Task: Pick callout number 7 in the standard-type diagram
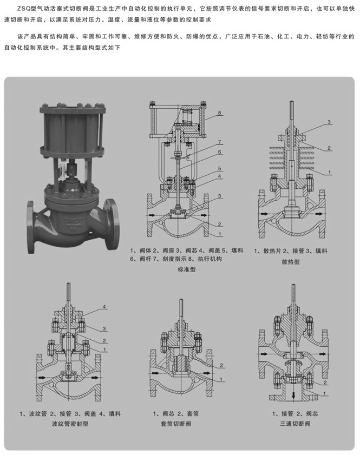click(x=220, y=142)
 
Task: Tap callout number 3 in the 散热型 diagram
click(x=328, y=123)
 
